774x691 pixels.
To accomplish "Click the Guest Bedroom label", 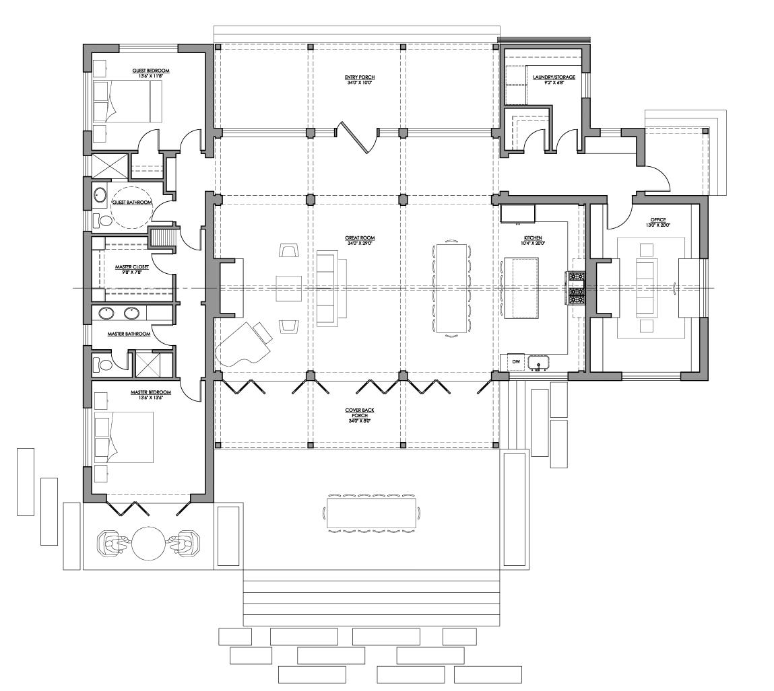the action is point(150,71).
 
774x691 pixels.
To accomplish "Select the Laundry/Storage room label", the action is point(554,77).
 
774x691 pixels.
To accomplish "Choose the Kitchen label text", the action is point(533,238).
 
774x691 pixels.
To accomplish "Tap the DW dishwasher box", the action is point(516,362).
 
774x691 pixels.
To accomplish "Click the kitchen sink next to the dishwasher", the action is point(539,364).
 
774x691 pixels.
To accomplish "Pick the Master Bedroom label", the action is point(150,392).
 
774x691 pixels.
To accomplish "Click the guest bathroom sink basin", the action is point(100,195).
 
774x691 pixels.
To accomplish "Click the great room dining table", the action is point(451,288).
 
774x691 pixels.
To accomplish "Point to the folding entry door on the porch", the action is point(358,137).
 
